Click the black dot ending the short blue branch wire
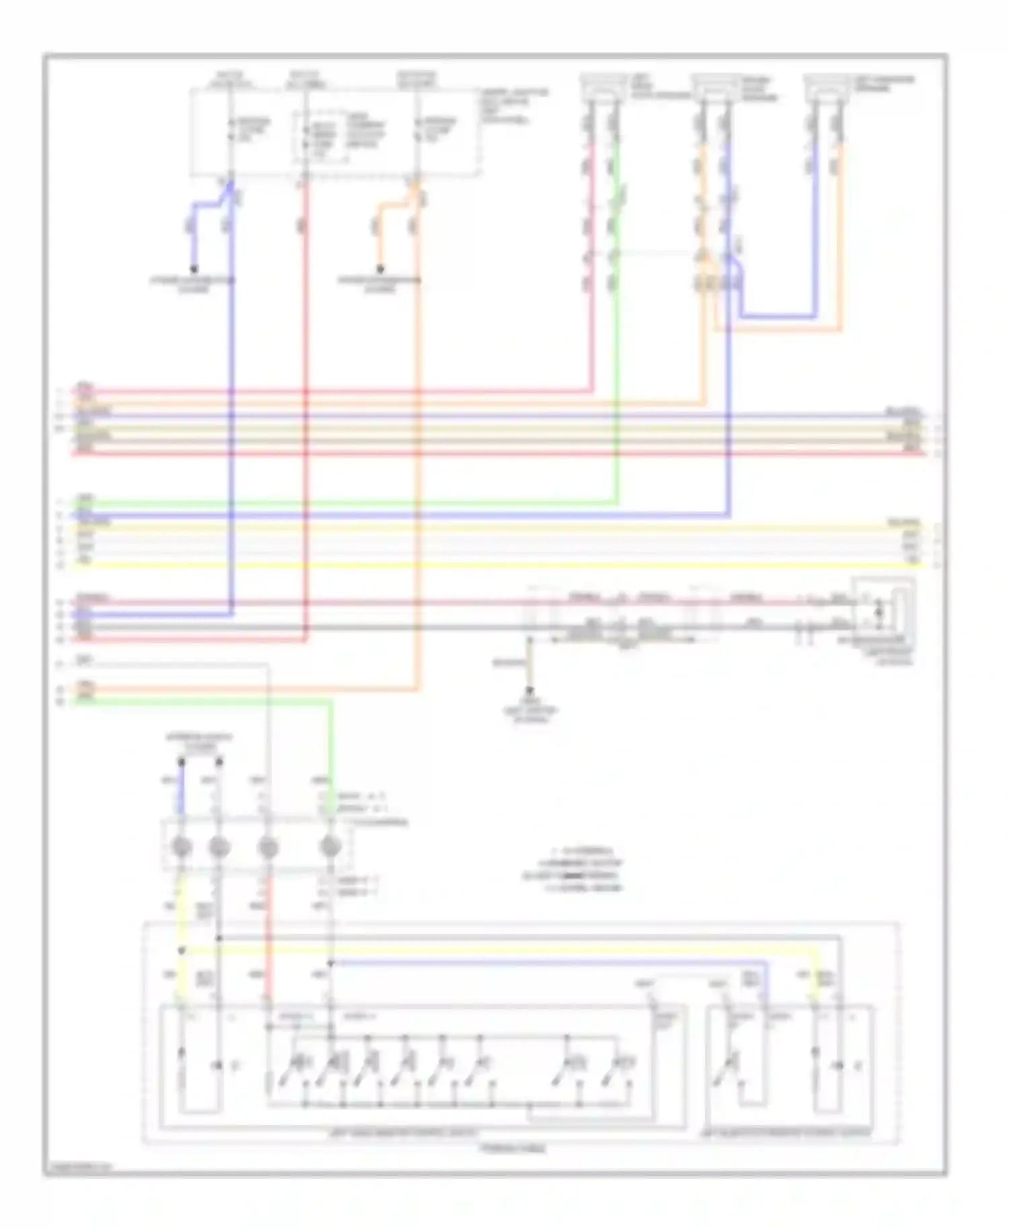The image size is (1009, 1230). click(x=194, y=269)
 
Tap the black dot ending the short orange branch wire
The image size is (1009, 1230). click(x=380, y=269)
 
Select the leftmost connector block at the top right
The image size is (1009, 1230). click(x=603, y=86)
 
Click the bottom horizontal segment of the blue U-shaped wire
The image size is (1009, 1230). click(x=778, y=316)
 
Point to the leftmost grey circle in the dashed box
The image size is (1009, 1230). click(x=182, y=847)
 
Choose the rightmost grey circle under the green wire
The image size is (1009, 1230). click(x=330, y=847)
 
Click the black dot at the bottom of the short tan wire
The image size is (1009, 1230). click(x=529, y=690)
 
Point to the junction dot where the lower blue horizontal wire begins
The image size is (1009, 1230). click(x=330, y=963)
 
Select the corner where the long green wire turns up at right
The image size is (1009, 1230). click(x=617, y=502)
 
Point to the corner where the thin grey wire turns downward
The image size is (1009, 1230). click(x=268, y=665)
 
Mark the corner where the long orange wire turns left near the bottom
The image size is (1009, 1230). click(x=418, y=689)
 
